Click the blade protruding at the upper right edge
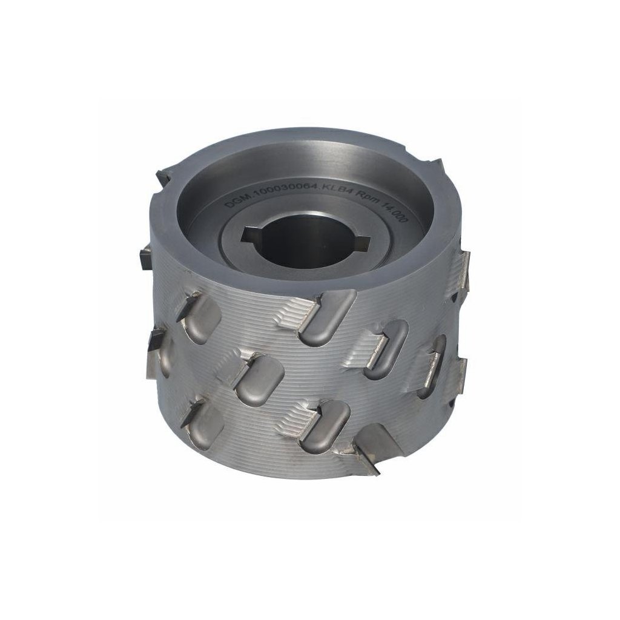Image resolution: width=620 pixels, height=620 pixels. (x=463, y=266)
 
